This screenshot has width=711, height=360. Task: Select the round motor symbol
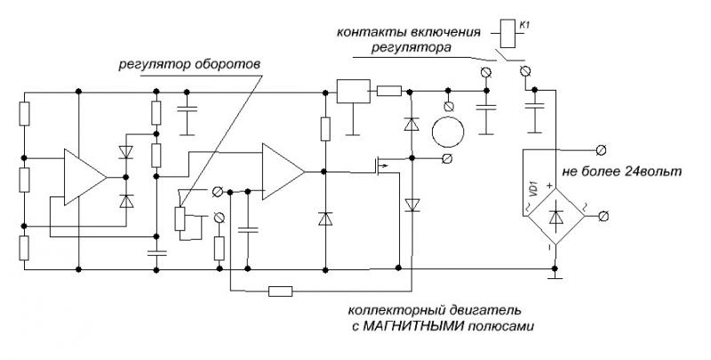click(448, 134)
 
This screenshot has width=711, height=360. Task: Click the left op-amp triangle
click(84, 178)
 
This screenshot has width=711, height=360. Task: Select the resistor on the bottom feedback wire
click(281, 290)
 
